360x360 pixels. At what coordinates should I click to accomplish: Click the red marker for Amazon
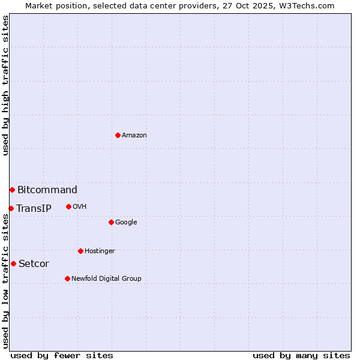118,135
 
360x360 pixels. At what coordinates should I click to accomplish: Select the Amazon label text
134,136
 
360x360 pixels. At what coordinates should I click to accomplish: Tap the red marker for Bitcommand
12,190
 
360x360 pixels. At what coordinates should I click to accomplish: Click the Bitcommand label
47,190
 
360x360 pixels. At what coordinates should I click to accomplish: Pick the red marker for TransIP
11,208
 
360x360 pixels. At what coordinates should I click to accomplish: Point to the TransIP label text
34,209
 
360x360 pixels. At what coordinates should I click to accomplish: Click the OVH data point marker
68,206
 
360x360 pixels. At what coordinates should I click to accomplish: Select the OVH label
80,207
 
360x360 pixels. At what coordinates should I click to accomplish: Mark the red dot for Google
111,222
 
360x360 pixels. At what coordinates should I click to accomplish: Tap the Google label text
126,223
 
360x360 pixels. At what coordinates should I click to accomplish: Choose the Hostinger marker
80,251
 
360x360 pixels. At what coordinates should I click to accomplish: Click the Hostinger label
100,251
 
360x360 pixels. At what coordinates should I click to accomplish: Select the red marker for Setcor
13,263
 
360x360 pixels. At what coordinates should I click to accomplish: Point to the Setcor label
34,264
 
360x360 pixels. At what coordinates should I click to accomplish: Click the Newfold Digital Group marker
67,278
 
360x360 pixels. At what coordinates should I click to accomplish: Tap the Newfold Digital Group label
106,279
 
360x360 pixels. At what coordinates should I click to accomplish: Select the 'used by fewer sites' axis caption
62,355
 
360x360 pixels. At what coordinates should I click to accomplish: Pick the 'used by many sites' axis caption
301,355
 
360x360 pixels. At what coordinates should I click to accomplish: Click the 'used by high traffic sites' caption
6,85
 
